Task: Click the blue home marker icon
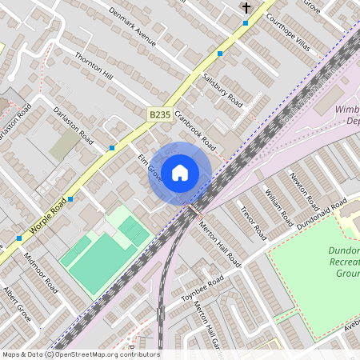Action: point(180,172)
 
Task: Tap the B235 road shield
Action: point(159,116)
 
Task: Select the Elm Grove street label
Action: point(150,167)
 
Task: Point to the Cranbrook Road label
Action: point(196,130)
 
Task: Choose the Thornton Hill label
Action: point(94,66)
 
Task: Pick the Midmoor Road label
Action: point(42,272)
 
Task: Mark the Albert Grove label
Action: point(16,303)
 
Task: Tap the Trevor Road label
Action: point(254,222)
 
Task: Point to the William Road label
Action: point(281,206)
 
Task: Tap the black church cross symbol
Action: point(246,8)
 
